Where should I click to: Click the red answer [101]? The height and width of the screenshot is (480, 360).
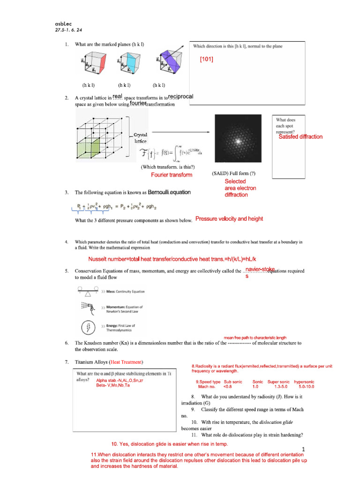coord(206,59)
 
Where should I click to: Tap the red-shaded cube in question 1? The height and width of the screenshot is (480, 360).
coord(93,64)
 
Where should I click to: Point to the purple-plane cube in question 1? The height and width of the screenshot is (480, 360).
coord(167,64)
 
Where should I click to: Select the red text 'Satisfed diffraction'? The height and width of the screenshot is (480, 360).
coord(300,137)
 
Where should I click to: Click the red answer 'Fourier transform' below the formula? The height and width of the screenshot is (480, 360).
coord(172,175)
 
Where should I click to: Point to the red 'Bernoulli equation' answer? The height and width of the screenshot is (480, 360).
coord(169,192)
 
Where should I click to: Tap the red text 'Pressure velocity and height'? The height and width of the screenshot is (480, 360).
coord(229,219)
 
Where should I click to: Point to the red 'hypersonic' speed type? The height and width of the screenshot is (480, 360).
coord(304,382)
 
